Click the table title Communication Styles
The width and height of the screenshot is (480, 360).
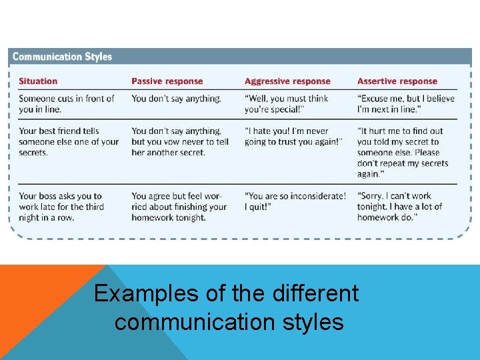tap(63, 57)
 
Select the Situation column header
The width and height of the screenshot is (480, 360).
tap(38, 81)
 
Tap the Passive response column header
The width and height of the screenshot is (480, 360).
tap(167, 81)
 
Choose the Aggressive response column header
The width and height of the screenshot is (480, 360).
tap(287, 81)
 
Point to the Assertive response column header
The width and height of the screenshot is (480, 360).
tap(397, 81)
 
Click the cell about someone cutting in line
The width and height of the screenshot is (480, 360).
tap(67, 104)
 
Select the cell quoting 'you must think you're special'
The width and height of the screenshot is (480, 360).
tap(286, 104)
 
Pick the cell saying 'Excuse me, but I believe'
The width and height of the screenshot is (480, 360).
tap(406, 104)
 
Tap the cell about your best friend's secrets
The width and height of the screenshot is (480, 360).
tap(69, 141)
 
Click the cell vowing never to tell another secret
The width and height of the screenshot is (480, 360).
tap(180, 141)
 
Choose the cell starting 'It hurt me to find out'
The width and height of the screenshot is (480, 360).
tap(403, 152)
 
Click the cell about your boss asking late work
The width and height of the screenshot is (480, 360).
tap(61, 207)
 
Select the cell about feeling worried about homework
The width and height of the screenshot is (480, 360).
tap(179, 207)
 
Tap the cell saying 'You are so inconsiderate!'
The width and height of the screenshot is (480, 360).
tap(295, 201)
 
